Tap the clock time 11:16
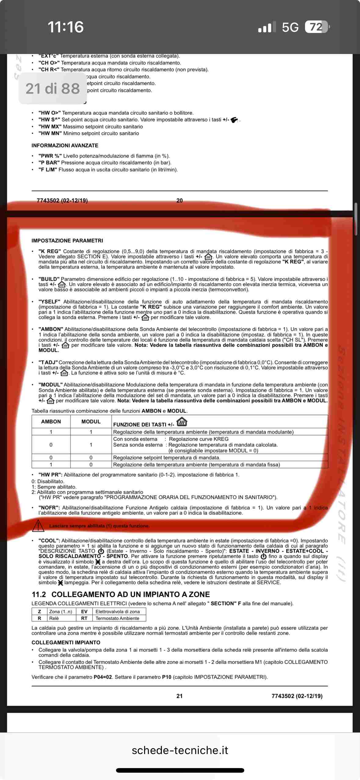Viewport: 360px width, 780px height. (66, 27)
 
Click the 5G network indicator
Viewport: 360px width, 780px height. (290, 27)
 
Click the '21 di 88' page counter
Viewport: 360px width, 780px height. (53, 89)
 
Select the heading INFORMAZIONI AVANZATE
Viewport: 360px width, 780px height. (65, 146)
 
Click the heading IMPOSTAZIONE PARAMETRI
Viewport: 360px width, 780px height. (67, 240)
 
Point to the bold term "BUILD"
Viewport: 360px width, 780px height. (49, 279)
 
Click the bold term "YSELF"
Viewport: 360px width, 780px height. (49, 302)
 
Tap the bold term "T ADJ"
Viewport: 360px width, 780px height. (48, 362)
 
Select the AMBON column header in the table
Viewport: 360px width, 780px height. (51, 421)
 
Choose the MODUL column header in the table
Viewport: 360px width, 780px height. (91, 421)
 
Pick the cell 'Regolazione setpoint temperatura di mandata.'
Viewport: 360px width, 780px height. (166, 457)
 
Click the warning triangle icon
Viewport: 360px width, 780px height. (38, 525)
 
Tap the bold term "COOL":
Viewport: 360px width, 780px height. (49, 540)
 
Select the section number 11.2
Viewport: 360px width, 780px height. (39, 594)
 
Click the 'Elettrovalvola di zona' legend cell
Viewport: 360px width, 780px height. (118, 611)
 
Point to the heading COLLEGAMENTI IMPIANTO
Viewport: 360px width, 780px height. (66, 642)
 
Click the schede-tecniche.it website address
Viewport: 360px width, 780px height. (180, 750)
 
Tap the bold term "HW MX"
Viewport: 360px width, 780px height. (50, 127)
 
